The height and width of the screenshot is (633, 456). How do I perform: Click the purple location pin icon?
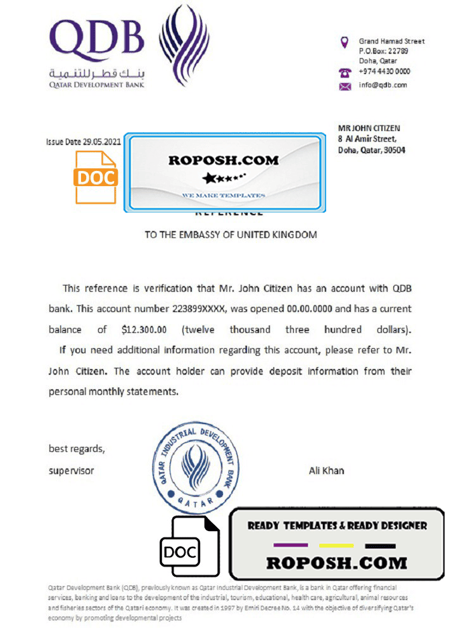[x=345, y=42]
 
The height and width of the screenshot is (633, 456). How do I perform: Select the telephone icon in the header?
[x=345, y=72]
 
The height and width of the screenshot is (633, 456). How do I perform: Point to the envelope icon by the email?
[x=345, y=86]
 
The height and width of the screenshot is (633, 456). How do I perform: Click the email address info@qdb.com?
[x=383, y=85]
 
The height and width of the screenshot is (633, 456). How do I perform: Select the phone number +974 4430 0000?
[x=384, y=72]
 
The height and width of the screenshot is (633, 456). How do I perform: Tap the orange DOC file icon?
[x=96, y=177]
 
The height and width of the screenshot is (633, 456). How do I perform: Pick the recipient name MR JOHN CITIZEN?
[x=369, y=128]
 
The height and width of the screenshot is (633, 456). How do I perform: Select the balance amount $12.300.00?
[x=144, y=330]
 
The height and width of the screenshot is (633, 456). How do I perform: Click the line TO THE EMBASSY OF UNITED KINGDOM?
[x=231, y=235]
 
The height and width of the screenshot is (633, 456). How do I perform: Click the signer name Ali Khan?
[x=326, y=471]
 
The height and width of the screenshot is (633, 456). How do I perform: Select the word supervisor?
[x=71, y=471]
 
